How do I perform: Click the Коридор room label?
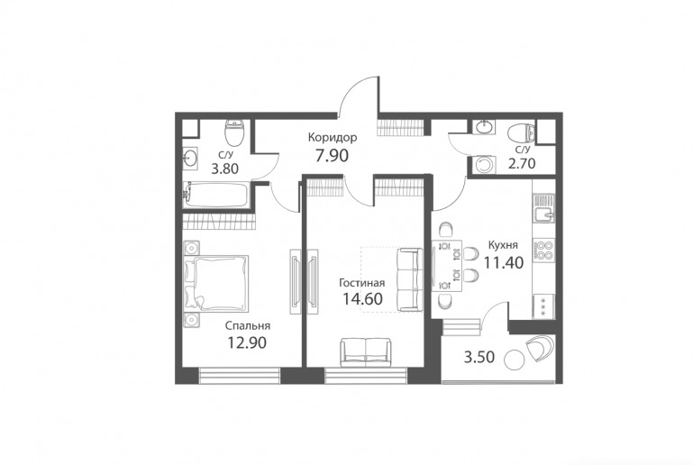coord(333,138)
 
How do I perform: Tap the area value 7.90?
coord(332,156)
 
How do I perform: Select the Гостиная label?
coord(362,283)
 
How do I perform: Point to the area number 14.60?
coord(363,299)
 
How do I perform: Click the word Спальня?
coord(248,326)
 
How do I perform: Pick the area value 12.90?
coord(247,342)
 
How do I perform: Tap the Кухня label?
coord(503,245)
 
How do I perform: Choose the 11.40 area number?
coord(504,263)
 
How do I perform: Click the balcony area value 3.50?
coord(479,357)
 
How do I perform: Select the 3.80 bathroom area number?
coord(224,169)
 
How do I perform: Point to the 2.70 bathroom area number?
coord(522,164)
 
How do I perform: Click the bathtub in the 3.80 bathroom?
coord(216,195)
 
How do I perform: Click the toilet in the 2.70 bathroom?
coord(522,133)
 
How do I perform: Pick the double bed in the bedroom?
coord(216,282)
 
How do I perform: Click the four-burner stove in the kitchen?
coord(543,250)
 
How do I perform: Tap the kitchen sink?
coord(544,214)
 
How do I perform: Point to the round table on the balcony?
coord(514,360)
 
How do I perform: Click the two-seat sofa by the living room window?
coord(367,352)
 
